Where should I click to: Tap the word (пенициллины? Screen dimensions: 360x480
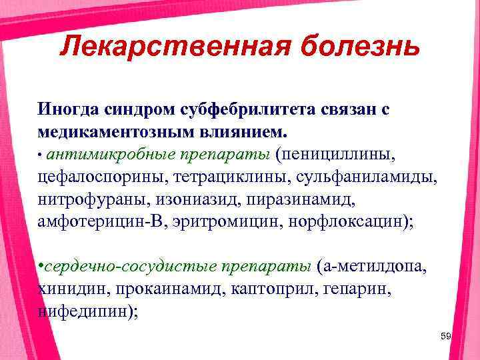338,154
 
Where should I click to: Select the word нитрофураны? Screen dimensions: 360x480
86,199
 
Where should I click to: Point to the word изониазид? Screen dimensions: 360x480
191,199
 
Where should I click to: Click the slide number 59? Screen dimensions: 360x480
446,337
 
